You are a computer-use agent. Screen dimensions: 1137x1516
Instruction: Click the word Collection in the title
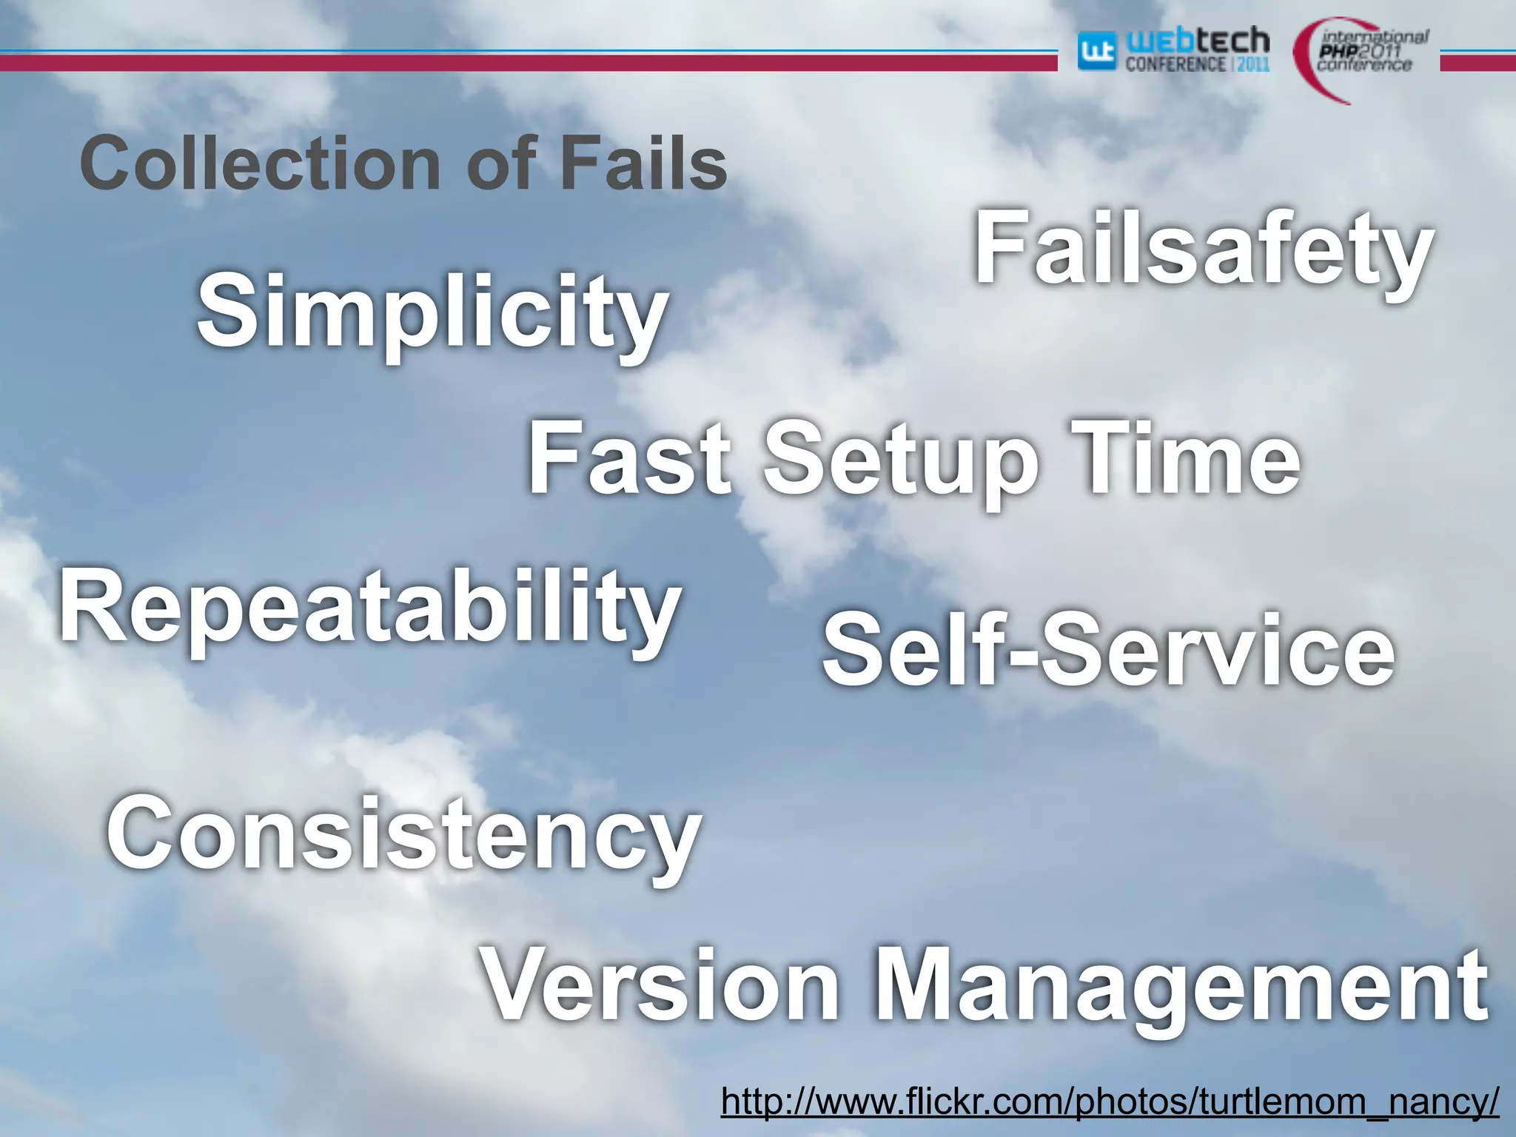tap(260, 164)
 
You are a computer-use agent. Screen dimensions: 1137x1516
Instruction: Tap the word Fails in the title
tap(643, 164)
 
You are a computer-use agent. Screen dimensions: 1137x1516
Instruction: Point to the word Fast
tap(629, 459)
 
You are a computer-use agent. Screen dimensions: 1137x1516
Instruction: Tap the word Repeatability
tap(369, 609)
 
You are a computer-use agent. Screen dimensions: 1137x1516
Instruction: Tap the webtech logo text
tap(1197, 41)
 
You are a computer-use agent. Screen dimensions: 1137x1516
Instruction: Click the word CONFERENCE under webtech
tap(1175, 64)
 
